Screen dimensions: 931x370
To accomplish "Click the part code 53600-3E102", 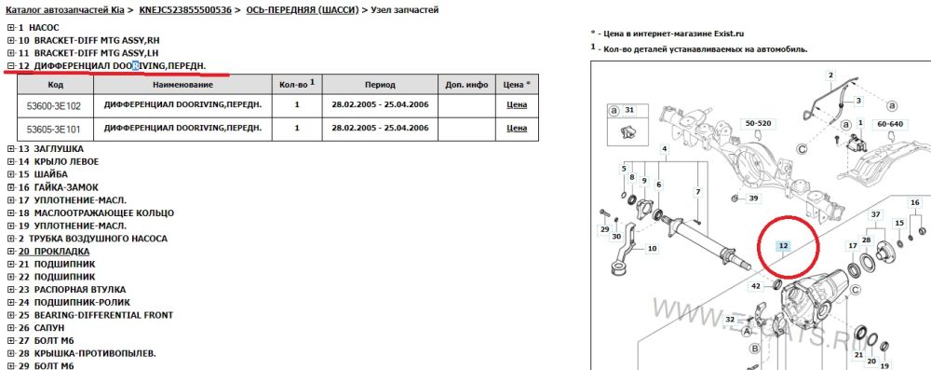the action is click(x=53, y=106).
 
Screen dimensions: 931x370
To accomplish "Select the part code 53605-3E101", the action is click(x=53, y=128).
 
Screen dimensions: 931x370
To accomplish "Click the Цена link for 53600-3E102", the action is click(x=517, y=105).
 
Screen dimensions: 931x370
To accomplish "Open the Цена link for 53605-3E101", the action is click(x=517, y=128).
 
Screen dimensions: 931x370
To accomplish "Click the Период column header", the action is click(x=380, y=85).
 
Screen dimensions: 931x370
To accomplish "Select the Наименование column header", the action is click(x=182, y=85).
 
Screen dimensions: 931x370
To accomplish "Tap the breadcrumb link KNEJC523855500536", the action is click(x=185, y=10).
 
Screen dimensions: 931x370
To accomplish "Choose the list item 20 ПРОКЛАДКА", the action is click(x=54, y=252).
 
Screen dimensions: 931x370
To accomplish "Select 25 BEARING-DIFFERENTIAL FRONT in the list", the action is click(x=96, y=315).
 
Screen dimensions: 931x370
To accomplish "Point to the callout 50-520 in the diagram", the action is click(x=758, y=123).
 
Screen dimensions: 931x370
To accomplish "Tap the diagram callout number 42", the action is click(x=756, y=286).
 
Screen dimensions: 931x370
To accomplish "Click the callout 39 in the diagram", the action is click(x=753, y=199).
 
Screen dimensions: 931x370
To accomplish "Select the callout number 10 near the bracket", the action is click(x=653, y=248).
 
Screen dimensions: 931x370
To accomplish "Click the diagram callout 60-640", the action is click(x=889, y=124).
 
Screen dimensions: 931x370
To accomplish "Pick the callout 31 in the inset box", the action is click(x=630, y=109).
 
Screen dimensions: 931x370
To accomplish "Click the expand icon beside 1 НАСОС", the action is click(x=10, y=28).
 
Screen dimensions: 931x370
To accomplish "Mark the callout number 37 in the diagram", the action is click(x=875, y=214).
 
